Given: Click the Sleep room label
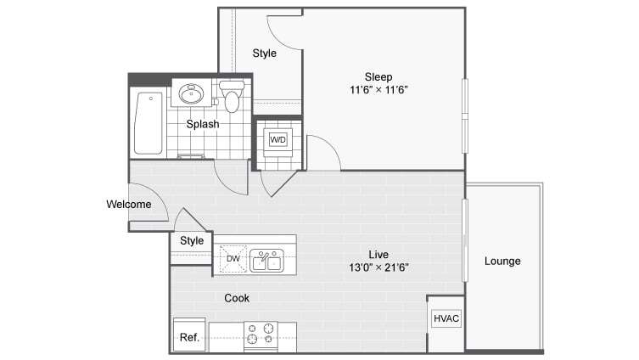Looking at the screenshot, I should pyautogui.click(x=378, y=76).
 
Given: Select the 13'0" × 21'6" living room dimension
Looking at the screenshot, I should pyautogui.click(x=378, y=267).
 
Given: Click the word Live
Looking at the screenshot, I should pyautogui.click(x=378, y=254).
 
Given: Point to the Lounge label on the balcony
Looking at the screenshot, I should pyautogui.click(x=502, y=261).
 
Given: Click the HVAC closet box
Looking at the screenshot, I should pyautogui.click(x=446, y=318).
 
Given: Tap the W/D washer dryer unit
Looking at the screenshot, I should pyautogui.click(x=277, y=139).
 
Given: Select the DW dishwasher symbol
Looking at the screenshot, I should pyautogui.click(x=233, y=259).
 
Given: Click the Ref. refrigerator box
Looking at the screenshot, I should pyautogui.click(x=189, y=336).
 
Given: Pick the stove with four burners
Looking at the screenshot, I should pyautogui.click(x=260, y=336).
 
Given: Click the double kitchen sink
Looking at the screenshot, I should pyautogui.click(x=267, y=260).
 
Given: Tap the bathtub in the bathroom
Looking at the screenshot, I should pyautogui.click(x=149, y=123).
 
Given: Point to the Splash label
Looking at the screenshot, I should pyautogui.click(x=203, y=124).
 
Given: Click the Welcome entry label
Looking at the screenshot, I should pyautogui.click(x=129, y=205).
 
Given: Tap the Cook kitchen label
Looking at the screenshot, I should pyautogui.click(x=236, y=298).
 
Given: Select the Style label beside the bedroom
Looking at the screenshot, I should pyautogui.click(x=264, y=53).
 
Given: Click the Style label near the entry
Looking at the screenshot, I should pyautogui.click(x=192, y=241).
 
